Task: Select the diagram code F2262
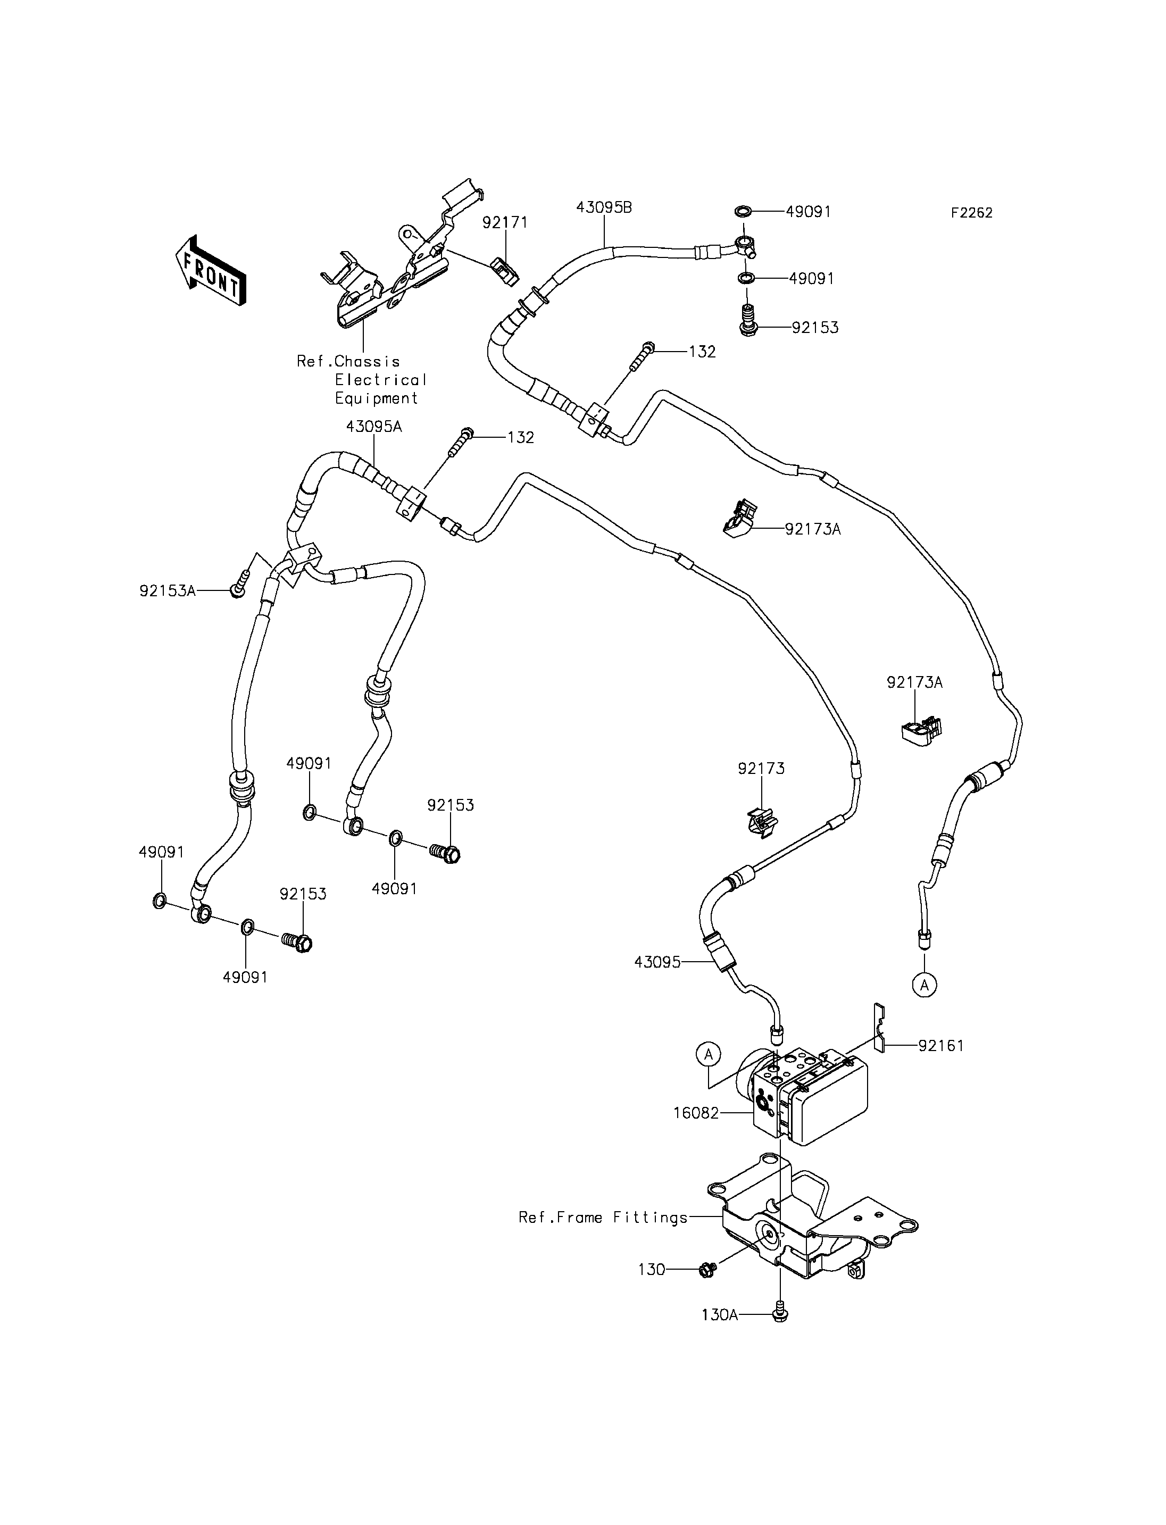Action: point(972,213)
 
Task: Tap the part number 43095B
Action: point(604,207)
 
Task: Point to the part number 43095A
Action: point(374,426)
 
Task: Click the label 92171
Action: point(505,222)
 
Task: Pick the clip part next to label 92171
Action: point(505,271)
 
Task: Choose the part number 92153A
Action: point(167,591)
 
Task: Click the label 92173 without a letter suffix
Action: point(761,769)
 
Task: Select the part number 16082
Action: point(696,1113)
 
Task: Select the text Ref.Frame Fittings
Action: point(603,1218)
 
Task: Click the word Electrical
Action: point(380,380)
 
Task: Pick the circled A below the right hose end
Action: point(925,985)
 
